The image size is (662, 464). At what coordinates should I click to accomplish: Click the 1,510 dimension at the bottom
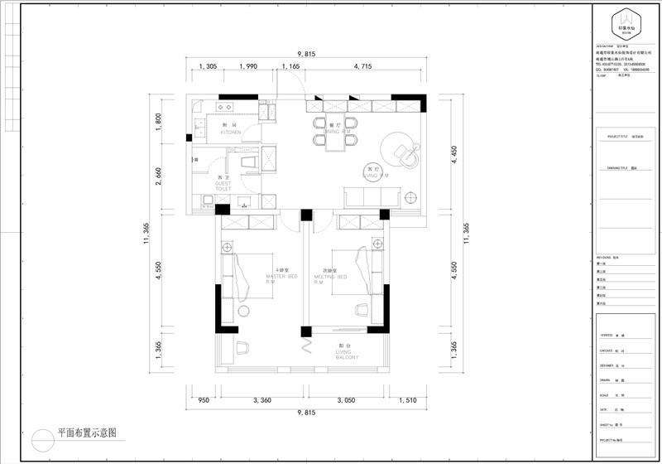click(x=407, y=399)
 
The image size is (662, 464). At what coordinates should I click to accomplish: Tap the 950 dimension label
click(x=203, y=399)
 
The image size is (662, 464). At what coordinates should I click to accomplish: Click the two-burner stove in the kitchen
click(x=224, y=107)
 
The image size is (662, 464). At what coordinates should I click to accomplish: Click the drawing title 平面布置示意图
click(x=86, y=433)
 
